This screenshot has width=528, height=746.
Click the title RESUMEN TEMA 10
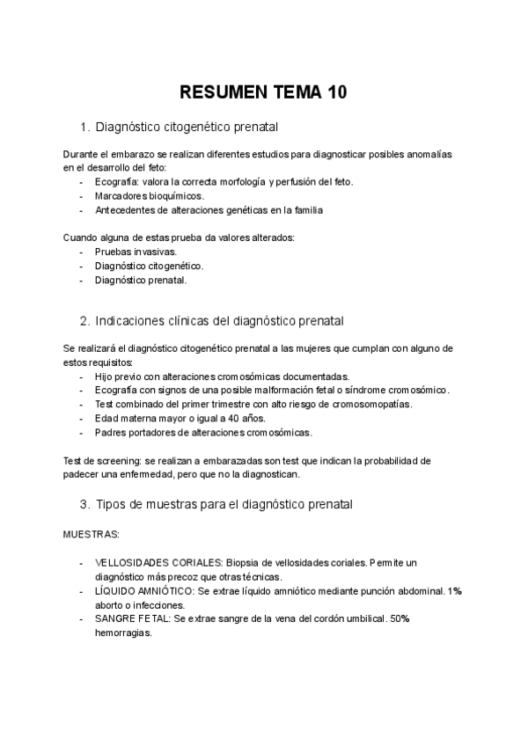click(x=263, y=92)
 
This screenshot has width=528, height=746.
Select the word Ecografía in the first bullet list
click(x=116, y=182)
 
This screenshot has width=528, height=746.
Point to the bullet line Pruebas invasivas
click(x=136, y=252)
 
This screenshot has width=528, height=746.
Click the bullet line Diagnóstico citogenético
click(x=149, y=266)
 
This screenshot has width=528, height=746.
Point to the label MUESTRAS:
click(x=92, y=533)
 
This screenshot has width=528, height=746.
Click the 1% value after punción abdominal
click(x=454, y=591)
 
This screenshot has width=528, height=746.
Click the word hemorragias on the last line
click(x=123, y=633)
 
